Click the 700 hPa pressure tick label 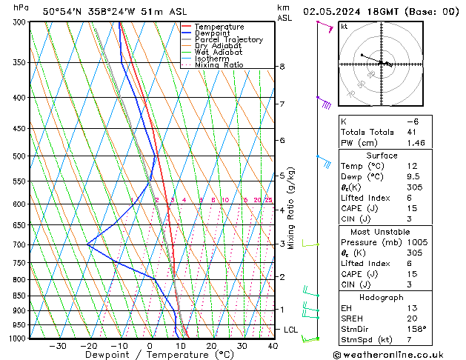(19, 244)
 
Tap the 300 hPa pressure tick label (19, 22)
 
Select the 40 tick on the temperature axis (273, 345)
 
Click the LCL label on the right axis (290, 329)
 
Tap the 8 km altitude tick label (282, 67)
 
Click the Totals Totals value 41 (411, 132)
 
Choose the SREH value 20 (411, 319)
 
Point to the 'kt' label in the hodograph (344, 27)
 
